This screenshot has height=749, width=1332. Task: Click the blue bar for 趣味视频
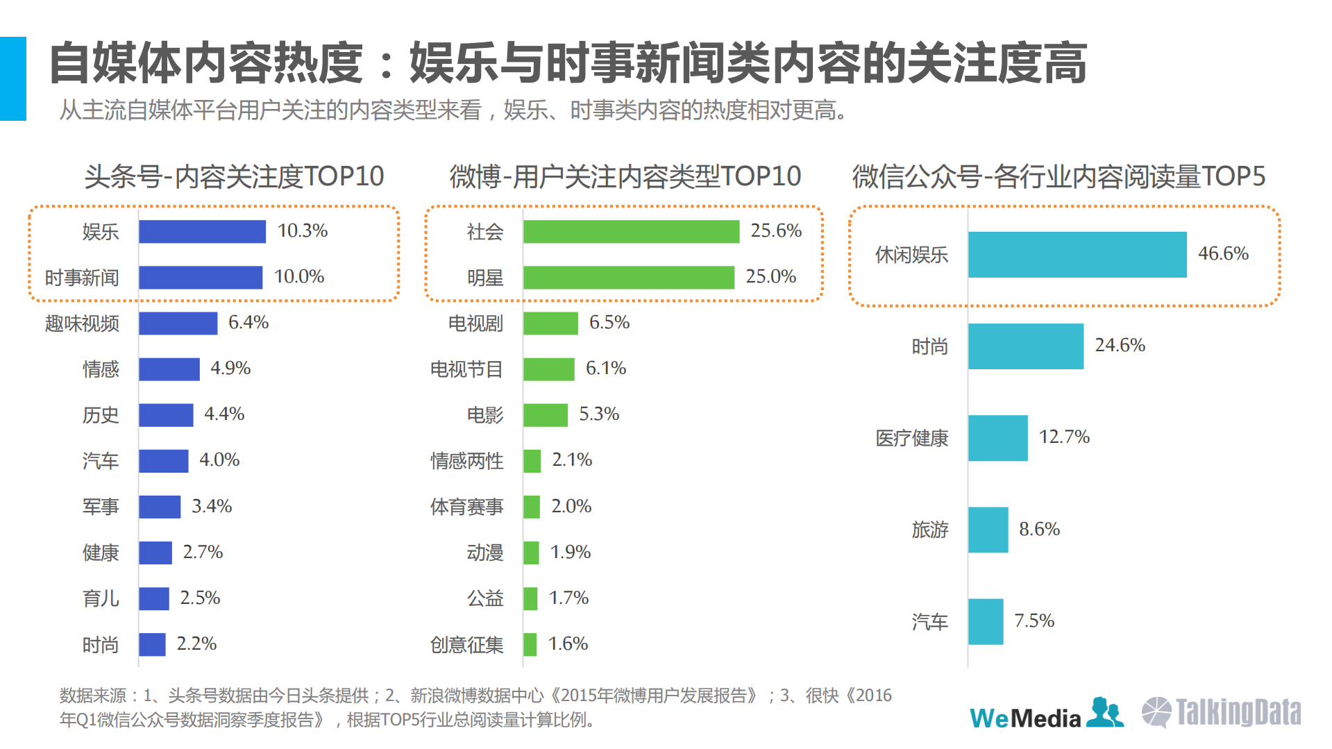[x=178, y=323]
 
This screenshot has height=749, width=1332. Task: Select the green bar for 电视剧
[x=550, y=323]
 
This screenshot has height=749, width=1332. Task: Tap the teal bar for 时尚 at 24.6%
[x=1025, y=346]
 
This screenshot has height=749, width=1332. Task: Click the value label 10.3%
[x=302, y=230]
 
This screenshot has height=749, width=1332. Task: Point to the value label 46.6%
[x=1222, y=253]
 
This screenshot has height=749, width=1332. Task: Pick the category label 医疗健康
[x=911, y=438]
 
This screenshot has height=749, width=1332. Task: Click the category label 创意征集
[x=466, y=645]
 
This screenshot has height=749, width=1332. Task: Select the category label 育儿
[x=101, y=598]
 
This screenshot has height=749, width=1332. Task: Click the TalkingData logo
[x=1222, y=713]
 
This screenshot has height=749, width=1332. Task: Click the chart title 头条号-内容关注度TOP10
[x=234, y=176]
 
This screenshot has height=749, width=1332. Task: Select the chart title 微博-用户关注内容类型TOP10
[x=625, y=176]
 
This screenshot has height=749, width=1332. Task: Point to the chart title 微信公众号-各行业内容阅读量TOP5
[x=1059, y=176]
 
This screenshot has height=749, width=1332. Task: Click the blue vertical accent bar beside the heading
[x=12, y=78]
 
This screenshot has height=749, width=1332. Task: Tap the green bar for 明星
[x=628, y=277]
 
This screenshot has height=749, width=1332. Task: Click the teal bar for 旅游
[x=988, y=530]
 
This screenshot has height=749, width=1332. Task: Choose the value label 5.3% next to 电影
[x=598, y=414]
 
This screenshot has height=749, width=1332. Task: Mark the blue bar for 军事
[x=160, y=507]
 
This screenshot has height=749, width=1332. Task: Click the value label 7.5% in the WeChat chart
[x=1034, y=621]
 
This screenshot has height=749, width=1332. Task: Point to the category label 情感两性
[x=466, y=461]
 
